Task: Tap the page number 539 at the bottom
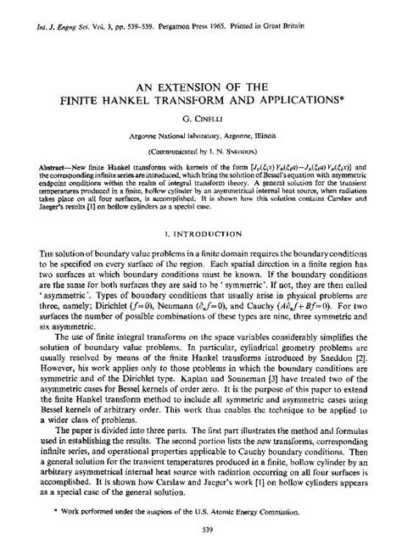coord(201,542)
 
